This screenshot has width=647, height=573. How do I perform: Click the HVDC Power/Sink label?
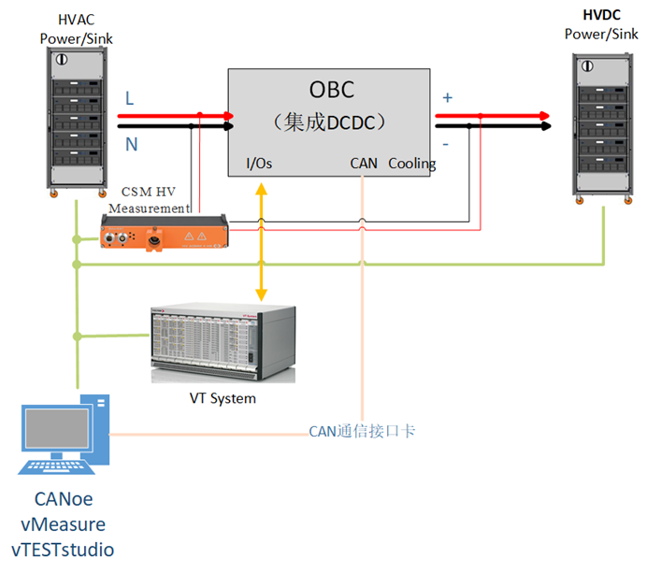pos(601,25)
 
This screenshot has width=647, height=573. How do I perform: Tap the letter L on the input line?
pos(130,98)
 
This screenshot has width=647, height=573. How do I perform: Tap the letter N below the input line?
pos(131,145)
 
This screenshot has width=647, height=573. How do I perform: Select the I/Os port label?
pos(259,164)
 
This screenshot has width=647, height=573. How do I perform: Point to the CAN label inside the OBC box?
pos(364,164)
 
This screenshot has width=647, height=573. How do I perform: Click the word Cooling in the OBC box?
pos(412,164)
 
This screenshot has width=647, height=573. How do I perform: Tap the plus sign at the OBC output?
pos(447,97)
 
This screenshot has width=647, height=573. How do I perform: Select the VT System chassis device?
pos(223,343)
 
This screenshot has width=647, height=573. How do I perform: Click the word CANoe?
pos(63,500)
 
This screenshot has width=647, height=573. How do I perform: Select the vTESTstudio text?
pos(63,549)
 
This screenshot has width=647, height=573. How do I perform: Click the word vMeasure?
pos(63,524)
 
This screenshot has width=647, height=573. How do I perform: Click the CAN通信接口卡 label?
pos(362,431)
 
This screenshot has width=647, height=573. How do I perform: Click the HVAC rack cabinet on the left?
pos(76,122)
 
